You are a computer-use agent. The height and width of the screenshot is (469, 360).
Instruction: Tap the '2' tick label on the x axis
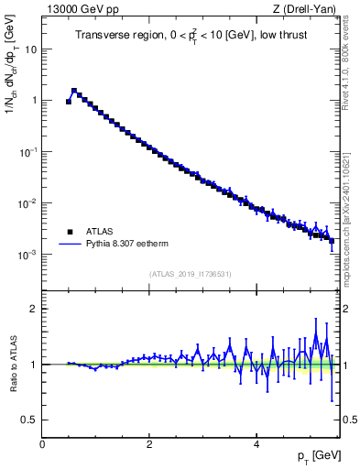click(149, 443)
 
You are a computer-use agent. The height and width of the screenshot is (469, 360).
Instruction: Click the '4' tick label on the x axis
click(256, 443)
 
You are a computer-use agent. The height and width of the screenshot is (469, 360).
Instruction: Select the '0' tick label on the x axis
click(42, 443)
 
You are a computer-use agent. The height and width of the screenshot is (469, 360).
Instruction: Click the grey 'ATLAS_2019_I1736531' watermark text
click(191, 274)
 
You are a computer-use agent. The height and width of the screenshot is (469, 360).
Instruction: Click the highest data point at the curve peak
click(74, 91)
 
